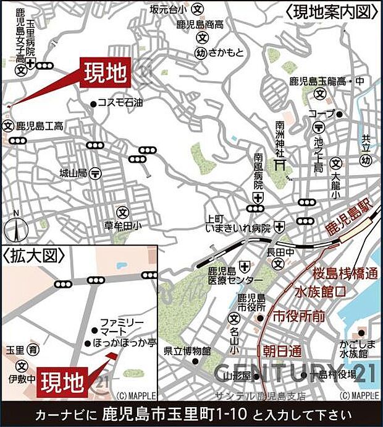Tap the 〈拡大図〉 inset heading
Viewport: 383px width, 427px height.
point(29,255)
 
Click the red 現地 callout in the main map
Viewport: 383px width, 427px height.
point(105,72)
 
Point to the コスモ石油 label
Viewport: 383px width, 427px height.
point(121,103)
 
